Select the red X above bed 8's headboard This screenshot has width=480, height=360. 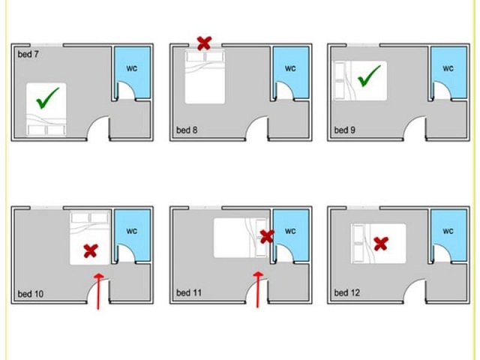[204, 43]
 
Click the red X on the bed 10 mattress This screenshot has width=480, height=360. [91, 250]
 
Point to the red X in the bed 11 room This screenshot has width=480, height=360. [267, 237]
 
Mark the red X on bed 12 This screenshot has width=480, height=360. [381, 244]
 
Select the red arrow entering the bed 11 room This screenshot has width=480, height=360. [258, 289]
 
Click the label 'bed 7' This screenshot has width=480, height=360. [28, 55]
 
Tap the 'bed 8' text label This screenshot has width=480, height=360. [187, 130]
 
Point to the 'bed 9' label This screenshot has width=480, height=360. [345, 130]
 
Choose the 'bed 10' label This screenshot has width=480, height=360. [31, 294]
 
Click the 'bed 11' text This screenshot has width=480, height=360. [189, 292]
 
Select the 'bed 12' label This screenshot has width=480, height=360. [346, 292]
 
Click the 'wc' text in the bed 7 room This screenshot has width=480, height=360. [132, 68]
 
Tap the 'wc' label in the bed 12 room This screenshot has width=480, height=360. [448, 231]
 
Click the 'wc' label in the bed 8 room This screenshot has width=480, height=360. [290, 68]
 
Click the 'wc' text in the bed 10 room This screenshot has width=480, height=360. [132, 231]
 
